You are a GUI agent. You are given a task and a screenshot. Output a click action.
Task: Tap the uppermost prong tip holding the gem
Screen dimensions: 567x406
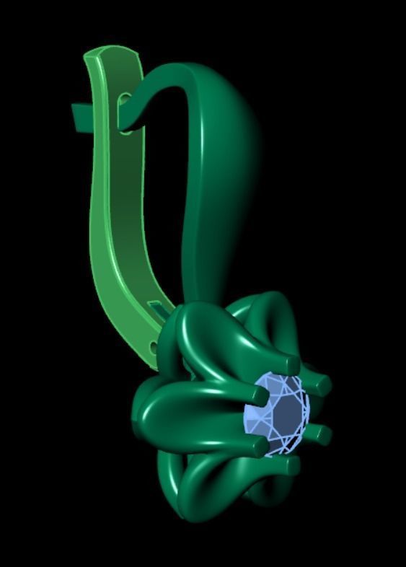pyautogui.click(x=292, y=362)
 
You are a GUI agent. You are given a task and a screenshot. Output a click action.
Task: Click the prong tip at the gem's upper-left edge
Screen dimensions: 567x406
pyautogui.click(x=259, y=395)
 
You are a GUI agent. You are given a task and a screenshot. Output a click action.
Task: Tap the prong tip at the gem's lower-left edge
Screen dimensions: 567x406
pyautogui.click(x=257, y=447)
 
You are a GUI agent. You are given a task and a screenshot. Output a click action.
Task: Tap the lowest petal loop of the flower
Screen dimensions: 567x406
pyautogui.click(x=216, y=498)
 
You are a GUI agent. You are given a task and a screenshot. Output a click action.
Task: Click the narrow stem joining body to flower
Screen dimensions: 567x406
pyautogui.click(x=206, y=281)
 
